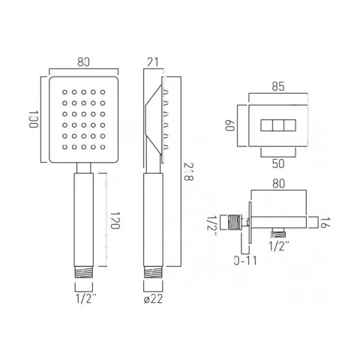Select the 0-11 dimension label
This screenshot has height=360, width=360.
pos(244,262)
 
